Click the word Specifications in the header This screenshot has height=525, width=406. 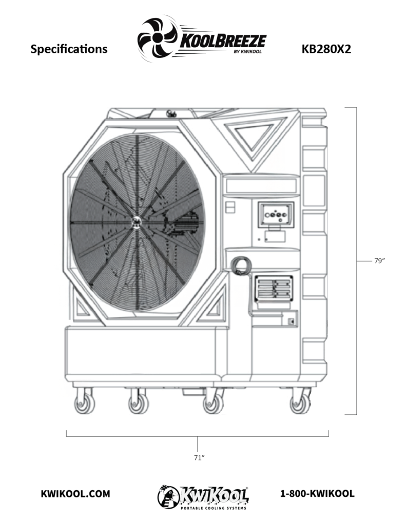click(69, 49)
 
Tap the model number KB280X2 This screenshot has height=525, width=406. click(326, 49)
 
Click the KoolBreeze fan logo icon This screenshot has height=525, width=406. click(157, 39)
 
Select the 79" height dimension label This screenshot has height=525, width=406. click(379, 261)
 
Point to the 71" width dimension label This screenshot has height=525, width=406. click(199, 457)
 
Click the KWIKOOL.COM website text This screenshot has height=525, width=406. click(75, 494)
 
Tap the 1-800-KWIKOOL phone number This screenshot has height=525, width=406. click(317, 494)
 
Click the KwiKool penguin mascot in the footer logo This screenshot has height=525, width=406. click(168, 496)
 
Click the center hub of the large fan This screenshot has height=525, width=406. click(137, 221)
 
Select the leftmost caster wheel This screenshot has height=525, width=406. click(85, 403)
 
